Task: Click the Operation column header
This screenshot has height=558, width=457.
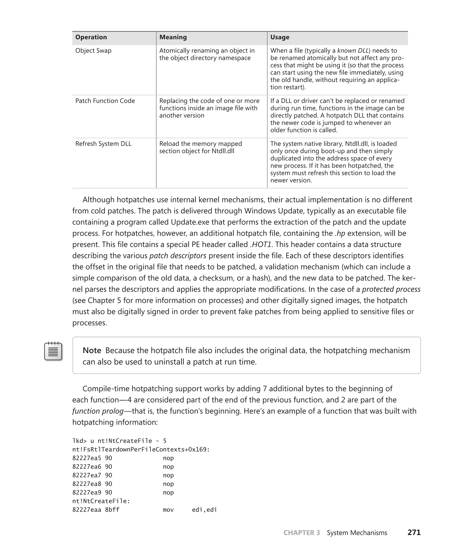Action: (91, 37)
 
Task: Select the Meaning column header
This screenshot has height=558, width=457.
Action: (173, 37)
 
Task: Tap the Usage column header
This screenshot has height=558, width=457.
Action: (280, 37)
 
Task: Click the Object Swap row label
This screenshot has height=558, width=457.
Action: (93, 51)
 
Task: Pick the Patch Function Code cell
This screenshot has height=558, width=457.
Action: (105, 101)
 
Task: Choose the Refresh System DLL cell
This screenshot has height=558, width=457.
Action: (103, 144)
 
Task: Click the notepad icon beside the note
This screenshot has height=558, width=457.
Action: (53, 351)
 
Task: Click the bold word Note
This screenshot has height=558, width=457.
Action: (92, 350)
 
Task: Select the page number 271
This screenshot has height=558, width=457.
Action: (414, 533)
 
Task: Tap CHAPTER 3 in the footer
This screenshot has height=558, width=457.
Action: (301, 533)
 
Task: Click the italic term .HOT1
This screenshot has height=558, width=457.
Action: (261, 245)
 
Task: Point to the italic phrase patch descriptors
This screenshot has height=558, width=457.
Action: (178, 256)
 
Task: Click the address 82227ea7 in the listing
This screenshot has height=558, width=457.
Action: (87, 475)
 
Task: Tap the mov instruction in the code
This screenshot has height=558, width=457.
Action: (168, 510)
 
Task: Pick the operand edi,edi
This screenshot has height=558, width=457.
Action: (204, 510)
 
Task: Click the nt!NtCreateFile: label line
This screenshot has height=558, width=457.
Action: (101, 501)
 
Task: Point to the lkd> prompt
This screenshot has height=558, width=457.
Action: (79, 441)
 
